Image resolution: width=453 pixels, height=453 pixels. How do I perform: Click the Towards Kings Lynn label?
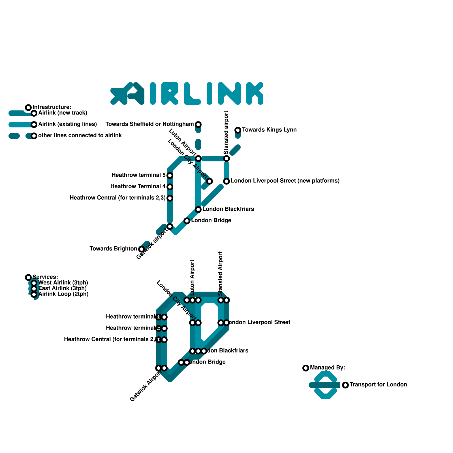269,130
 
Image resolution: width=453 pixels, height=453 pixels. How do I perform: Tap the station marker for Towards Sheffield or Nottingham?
198,124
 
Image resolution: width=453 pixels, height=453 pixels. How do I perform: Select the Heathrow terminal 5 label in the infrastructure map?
138,175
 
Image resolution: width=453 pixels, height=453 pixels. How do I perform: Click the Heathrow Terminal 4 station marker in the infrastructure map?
170,187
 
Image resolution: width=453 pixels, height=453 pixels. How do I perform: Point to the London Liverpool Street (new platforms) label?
285,181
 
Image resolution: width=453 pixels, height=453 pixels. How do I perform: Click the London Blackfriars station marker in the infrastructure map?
198,210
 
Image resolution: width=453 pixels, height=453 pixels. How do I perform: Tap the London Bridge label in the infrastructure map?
211,221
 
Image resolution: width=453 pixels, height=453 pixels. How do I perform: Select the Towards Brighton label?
113,249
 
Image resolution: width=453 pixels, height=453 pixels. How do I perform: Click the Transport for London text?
378,385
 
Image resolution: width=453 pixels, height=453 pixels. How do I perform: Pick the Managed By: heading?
327,368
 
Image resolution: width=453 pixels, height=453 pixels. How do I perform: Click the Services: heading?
45,277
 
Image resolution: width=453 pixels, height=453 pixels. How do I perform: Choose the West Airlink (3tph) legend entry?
63,283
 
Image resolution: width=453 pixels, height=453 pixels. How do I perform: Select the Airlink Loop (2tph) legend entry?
63,294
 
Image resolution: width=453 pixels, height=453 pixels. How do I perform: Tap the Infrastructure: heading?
52,107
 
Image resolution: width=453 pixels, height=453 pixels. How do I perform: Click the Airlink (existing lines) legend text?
67,124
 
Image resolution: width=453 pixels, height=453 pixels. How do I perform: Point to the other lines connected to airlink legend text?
80,136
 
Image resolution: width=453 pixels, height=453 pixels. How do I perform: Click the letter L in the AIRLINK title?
192,93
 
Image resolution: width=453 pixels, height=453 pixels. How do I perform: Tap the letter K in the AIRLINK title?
255,93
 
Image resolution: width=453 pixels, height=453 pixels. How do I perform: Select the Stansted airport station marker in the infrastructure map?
226,159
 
